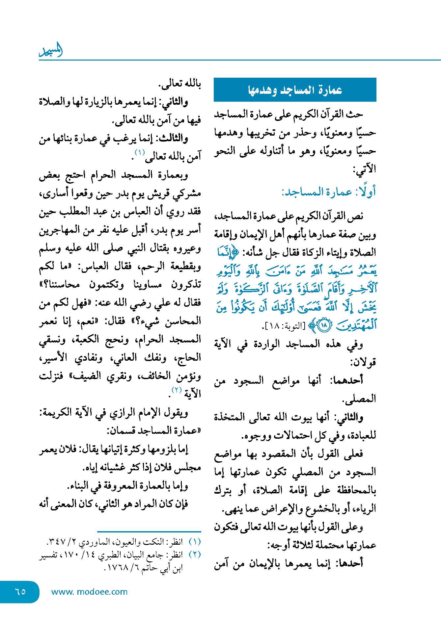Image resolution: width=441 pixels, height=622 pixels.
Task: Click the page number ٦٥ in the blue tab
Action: [20, 591]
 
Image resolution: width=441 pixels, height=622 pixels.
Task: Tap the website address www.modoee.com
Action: [89, 592]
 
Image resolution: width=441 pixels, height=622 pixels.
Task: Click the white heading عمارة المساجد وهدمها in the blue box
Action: [295, 90]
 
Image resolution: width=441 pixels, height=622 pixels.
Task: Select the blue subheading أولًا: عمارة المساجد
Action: [328, 192]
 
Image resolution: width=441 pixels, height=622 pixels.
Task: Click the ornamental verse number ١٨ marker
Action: [324, 326]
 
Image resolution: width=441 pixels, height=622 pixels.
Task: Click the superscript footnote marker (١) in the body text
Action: [140, 152]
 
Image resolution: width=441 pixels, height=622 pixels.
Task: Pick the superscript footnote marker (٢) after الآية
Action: [177, 390]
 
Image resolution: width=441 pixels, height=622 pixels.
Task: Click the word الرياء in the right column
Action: [366, 509]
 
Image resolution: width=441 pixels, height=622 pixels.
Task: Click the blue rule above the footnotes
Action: [149, 531]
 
